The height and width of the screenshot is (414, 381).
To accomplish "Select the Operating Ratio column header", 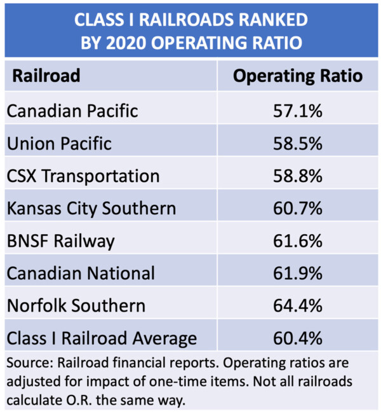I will (x=298, y=76).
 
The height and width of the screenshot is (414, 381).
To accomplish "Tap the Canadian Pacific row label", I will (x=72, y=111).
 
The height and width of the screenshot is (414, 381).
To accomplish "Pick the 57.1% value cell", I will (x=298, y=111).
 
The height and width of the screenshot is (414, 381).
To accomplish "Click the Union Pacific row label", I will (x=59, y=143).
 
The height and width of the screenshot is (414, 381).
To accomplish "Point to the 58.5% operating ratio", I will (x=298, y=143).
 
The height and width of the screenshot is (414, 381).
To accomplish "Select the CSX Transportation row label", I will (x=83, y=176).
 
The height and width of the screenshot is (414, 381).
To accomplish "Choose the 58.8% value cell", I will (x=298, y=176).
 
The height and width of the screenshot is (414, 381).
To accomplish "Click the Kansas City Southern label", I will (x=91, y=208).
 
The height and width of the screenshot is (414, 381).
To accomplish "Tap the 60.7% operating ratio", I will (x=298, y=208).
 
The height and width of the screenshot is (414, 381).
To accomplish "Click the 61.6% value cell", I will (x=298, y=240).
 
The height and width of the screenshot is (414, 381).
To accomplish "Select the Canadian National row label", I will (x=81, y=273).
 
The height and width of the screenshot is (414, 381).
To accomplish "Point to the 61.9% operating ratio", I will (x=298, y=273).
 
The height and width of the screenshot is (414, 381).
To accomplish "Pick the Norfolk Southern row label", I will (x=76, y=305).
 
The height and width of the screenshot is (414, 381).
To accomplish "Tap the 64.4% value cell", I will (x=298, y=305).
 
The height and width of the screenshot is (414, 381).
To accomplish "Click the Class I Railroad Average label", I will (x=102, y=338).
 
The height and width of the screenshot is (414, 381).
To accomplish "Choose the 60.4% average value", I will (x=298, y=338).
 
